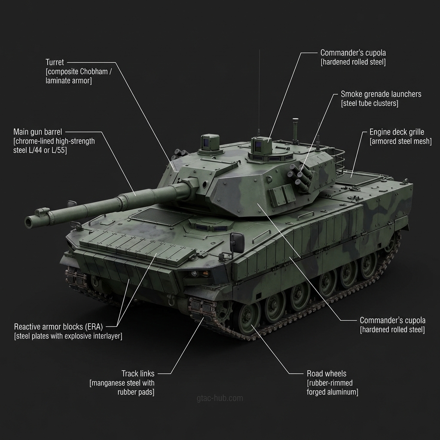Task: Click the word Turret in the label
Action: (x=55, y=62)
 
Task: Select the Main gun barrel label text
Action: (x=38, y=132)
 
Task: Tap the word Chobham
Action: (x=94, y=72)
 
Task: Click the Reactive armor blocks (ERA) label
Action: (x=58, y=327)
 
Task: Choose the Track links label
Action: (x=138, y=374)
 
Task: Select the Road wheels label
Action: (x=327, y=374)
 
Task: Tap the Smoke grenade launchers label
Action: (x=381, y=94)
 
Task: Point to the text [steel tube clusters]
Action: (x=370, y=103)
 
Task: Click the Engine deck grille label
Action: (x=397, y=132)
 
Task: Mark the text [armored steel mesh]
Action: (x=400, y=141)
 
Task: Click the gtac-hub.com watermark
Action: (x=220, y=398)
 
